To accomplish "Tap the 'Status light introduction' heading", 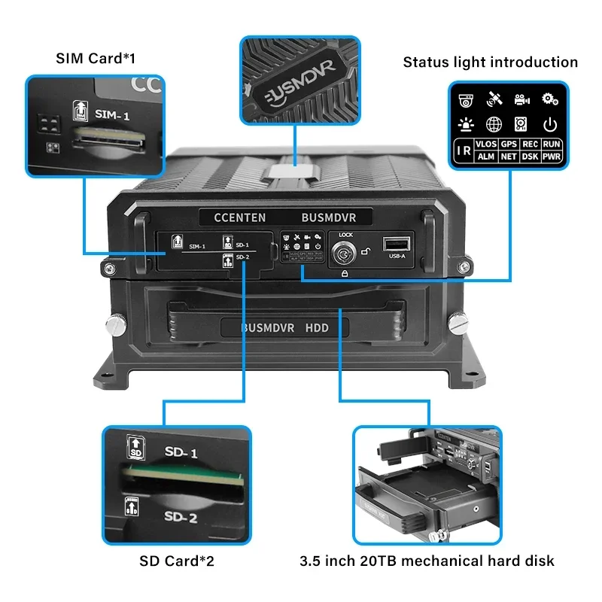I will pyautogui.click(x=491, y=62).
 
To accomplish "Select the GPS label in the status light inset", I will pyautogui.click(x=509, y=142).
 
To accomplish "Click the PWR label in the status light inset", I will pyautogui.click(x=552, y=157).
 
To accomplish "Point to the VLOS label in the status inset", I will pyautogui.click(x=486, y=142).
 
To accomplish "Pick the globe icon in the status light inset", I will pyautogui.click(x=494, y=124).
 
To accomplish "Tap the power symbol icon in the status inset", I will pyautogui.click(x=551, y=124).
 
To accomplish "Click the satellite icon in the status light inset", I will pyautogui.click(x=494, y=99).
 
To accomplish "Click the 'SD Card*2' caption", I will pyautogui.click(x=181, y=561).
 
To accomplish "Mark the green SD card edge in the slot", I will pyautogui.click(x=184, y=476).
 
